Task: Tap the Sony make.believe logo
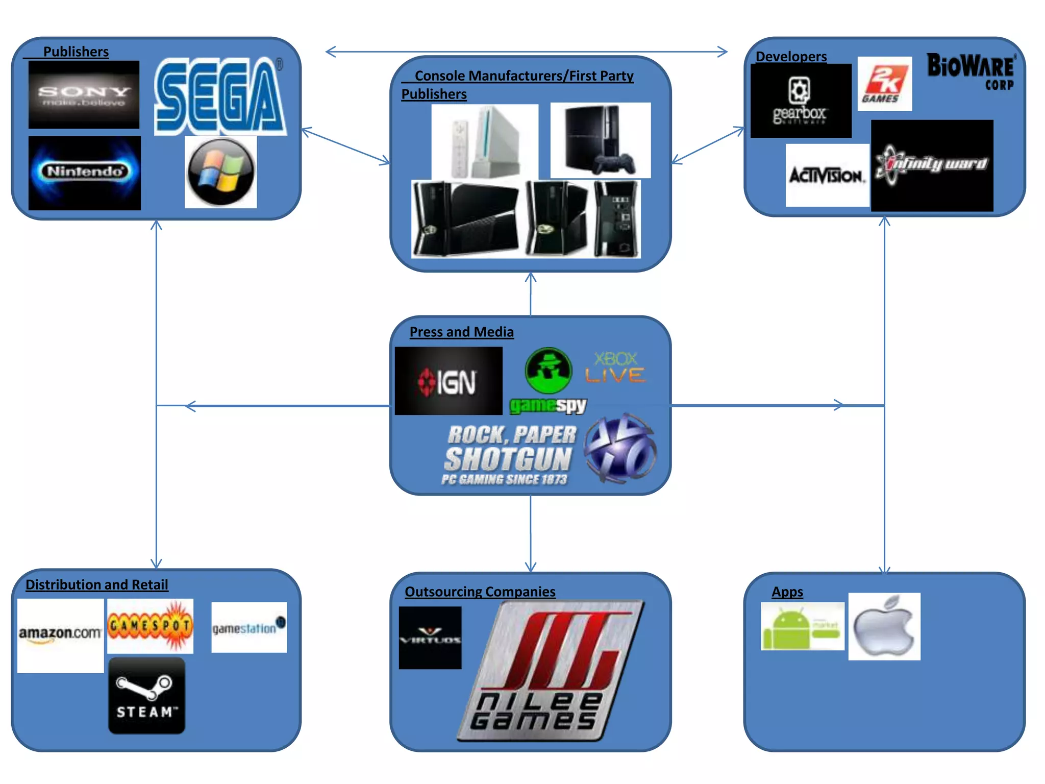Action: (84, 95)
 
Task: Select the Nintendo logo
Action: (85, 173)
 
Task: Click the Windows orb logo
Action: (220, 172)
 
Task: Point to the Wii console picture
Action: (485, 141)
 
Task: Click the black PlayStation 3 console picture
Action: (601, 140)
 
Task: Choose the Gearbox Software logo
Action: (800, 101)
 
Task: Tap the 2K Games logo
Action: (884, 84)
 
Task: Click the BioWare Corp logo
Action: (971, 71)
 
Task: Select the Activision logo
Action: (827, 175)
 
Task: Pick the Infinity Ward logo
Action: (932, 165)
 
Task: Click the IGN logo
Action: (449, 381)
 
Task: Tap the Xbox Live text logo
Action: (615, 367)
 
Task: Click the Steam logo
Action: (146, 695)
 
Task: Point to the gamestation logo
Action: (249, 627)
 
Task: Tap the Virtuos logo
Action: (430, 638)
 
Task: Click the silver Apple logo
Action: (884, 626)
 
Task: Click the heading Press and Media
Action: (461, 332)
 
